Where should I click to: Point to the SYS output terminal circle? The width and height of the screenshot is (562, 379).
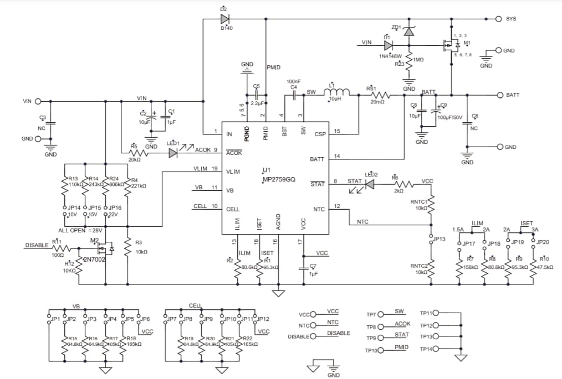[498, 19]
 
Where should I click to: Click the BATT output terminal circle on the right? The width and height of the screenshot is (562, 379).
[498, 95]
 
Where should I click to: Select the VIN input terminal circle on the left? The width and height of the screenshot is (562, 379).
[38, 101]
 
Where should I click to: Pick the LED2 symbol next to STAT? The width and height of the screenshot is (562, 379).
[370, 184]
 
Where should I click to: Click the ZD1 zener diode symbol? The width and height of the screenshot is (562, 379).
[409, 32]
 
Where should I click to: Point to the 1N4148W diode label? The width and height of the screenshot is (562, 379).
[390, 56]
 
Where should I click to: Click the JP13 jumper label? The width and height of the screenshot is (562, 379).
[439, 239]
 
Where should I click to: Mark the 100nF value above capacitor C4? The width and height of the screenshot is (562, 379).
[293, 81]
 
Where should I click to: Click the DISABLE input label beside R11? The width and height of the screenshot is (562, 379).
[37, 245]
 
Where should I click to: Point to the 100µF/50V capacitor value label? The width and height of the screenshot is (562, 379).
[451, 118]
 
